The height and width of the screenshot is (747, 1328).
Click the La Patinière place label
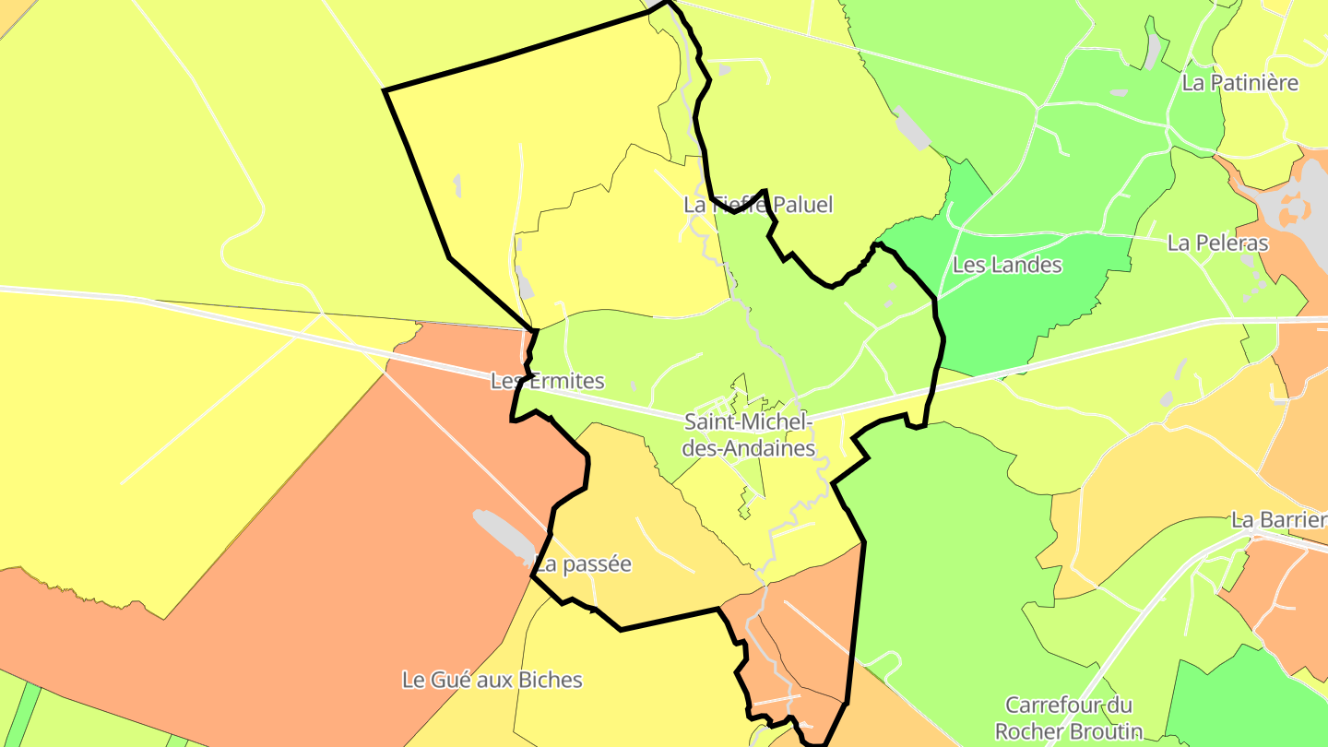coord(1239,83)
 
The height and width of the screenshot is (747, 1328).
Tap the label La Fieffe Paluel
coord(758,205)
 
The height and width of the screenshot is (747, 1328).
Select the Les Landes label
coord(1007,266)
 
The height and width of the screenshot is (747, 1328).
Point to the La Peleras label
coord(1217,243)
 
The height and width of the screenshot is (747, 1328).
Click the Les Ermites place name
coord(548,381)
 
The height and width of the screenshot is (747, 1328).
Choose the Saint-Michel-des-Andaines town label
coord(750,435)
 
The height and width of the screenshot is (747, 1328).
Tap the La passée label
coord(585,564)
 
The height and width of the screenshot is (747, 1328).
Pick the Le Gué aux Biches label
coord(492,681)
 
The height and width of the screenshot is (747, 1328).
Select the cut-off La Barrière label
coord(1279,520)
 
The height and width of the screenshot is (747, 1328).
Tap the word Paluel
coord(801,205)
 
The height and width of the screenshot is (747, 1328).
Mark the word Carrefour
coord(1056,705)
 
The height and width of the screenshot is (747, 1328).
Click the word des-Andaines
coord(750,449)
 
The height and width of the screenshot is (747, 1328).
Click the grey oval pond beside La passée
coord(503,534)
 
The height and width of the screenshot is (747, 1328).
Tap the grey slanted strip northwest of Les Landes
coord(911,127)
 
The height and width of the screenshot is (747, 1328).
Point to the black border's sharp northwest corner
coord(385,90)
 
